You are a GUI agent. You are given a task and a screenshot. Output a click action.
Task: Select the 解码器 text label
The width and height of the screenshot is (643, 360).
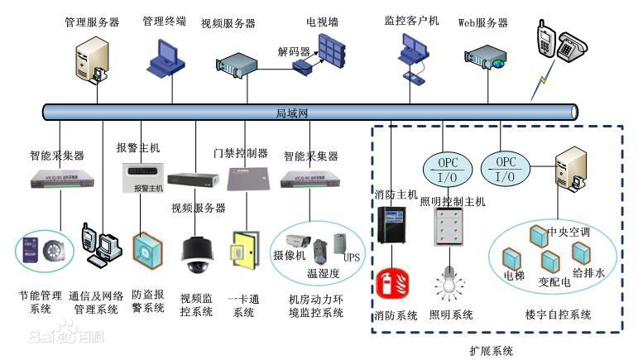[x=293, y=51]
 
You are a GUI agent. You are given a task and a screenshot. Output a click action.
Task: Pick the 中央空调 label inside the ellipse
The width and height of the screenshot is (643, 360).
[x=569, y=232]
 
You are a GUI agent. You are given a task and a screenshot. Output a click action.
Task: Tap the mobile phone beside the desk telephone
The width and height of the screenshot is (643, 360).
[x=545, y=41]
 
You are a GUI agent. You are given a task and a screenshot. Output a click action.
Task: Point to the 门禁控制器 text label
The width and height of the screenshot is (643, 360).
[x=240, y=153]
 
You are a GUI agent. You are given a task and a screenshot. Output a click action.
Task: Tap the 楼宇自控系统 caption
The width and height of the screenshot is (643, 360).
[x=558, y=314]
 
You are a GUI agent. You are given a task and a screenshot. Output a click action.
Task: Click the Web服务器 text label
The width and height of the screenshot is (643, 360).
[x=482, y=22]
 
